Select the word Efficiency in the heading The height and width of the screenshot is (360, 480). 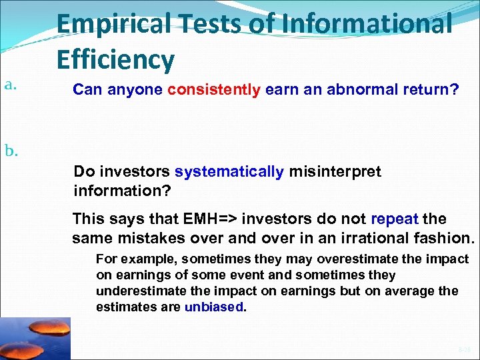[x=115, y=60]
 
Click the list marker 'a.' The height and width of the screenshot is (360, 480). [x=9, y=84]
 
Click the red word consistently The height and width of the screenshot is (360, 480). [x=214, y=90]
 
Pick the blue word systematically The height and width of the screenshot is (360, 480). [x=229, y=172]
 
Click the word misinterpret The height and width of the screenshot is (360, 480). [x=335, y=172]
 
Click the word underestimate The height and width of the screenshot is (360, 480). [x=139, y=291]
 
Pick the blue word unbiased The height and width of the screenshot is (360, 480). [x=214, y=307]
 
